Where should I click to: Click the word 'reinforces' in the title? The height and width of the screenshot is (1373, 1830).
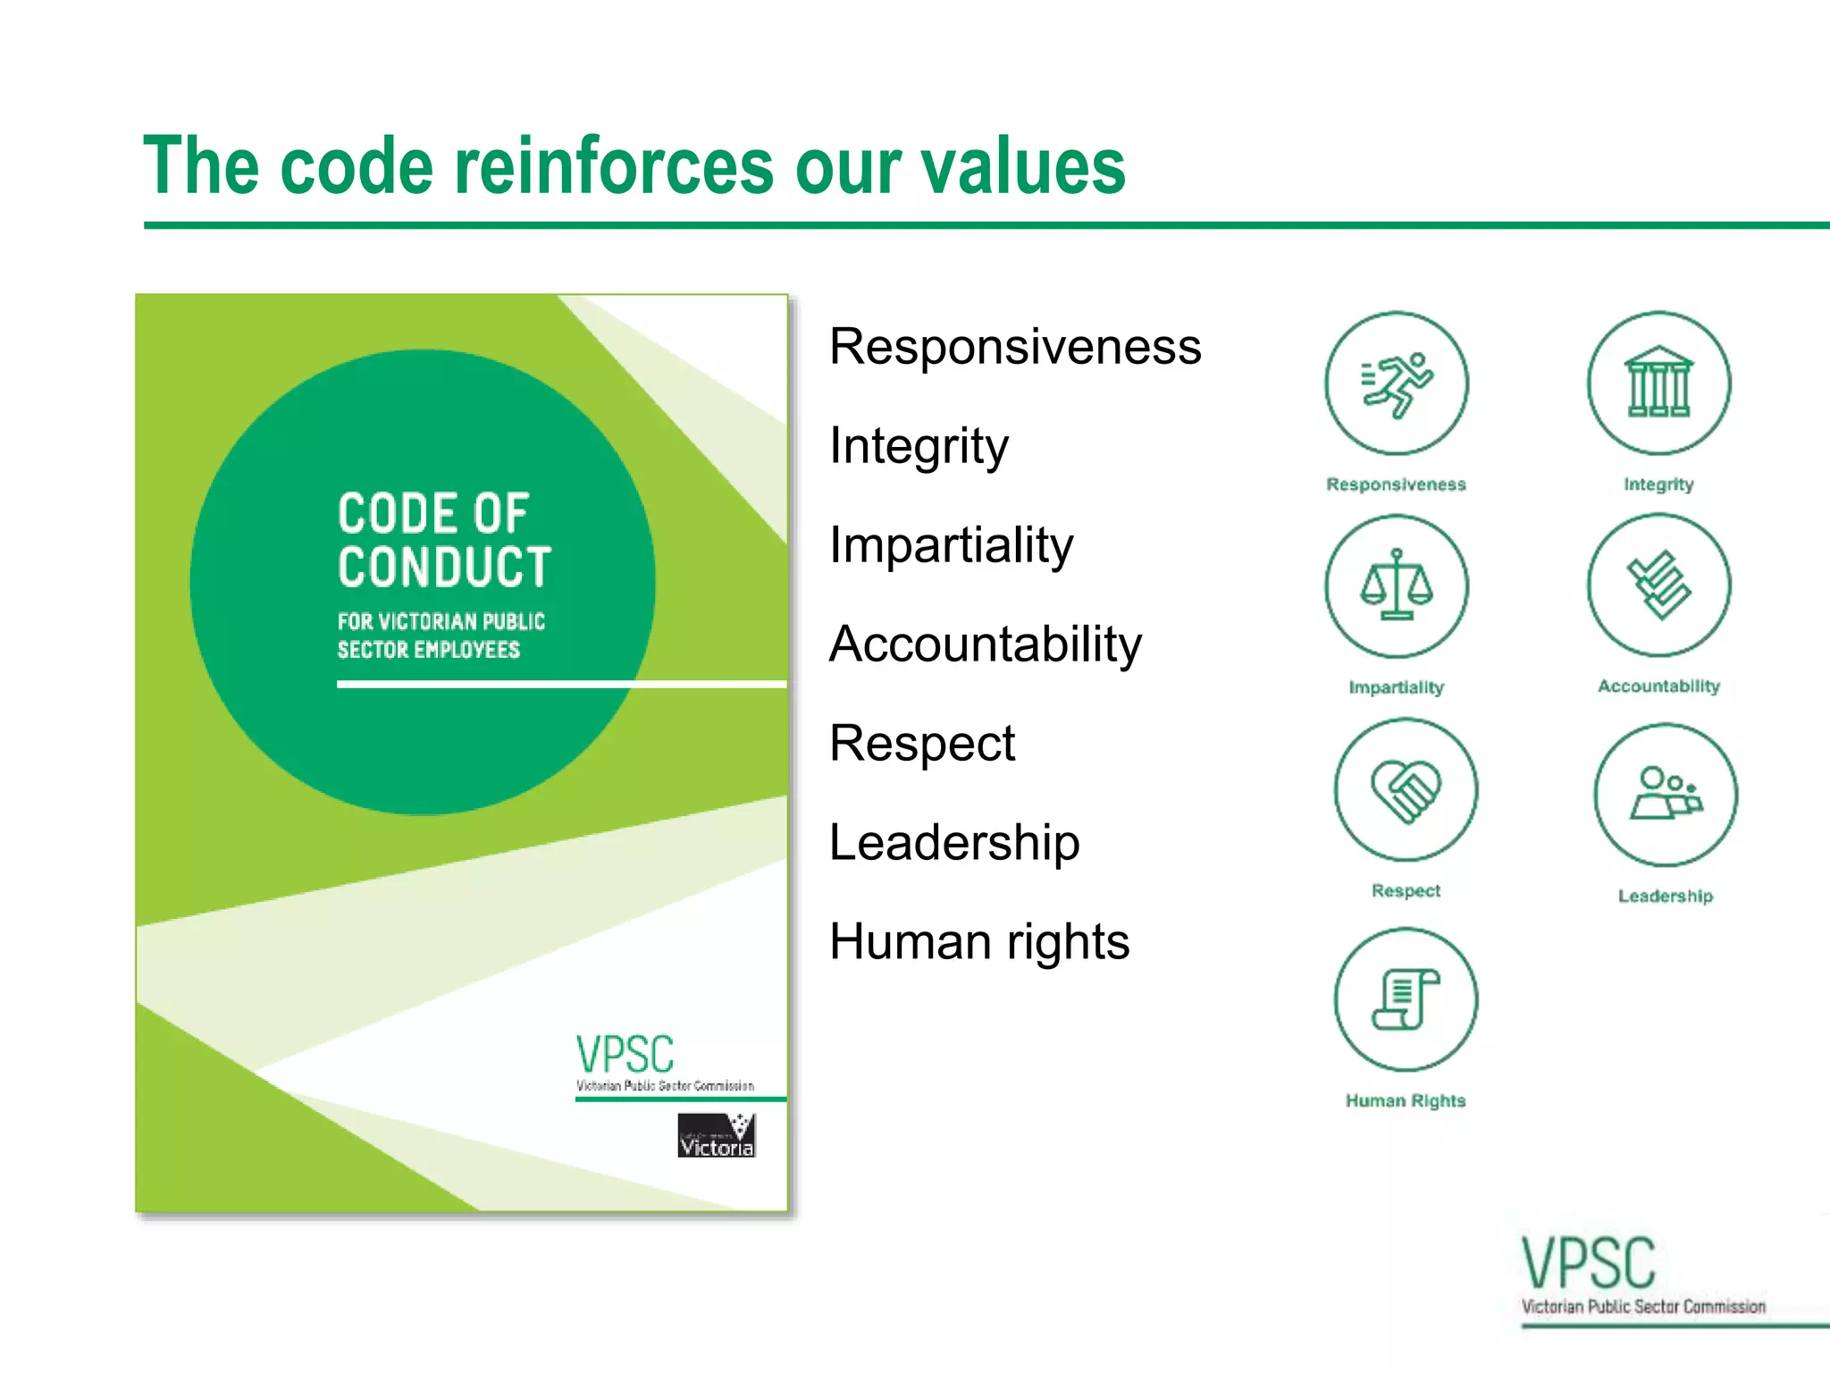pos(617,167)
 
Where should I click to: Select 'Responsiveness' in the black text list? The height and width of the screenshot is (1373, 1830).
pos(1014,347)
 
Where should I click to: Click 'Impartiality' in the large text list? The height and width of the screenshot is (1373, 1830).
pos(951,545)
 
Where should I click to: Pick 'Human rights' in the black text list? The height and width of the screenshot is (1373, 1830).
pos(978,942)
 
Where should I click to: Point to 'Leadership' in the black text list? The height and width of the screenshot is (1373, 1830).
pos(953,843)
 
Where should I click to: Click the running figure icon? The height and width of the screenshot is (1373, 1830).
pos(1396,383)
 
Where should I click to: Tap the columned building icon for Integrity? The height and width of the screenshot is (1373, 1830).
pos(1658,383)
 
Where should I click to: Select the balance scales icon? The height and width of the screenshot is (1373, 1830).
pos(1396,586)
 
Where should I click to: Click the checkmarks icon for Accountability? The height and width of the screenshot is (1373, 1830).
pos(1658,585)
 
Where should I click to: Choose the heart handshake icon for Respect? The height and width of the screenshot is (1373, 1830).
pos(1406,789)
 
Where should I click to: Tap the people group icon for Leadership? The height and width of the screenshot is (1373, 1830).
pos(1666,794)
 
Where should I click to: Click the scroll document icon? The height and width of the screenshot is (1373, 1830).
pos(1406,999)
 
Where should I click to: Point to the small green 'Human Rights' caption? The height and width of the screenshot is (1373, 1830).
pos(1406,1101)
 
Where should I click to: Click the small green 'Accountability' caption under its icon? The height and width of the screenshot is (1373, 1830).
pos(1658,686)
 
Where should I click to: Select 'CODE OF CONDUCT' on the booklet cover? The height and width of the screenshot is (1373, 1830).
pos(444,541)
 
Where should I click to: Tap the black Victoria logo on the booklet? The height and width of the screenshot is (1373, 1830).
pos(717,1135)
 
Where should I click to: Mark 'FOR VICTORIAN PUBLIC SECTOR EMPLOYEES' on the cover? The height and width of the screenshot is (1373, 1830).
pos(441,636)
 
